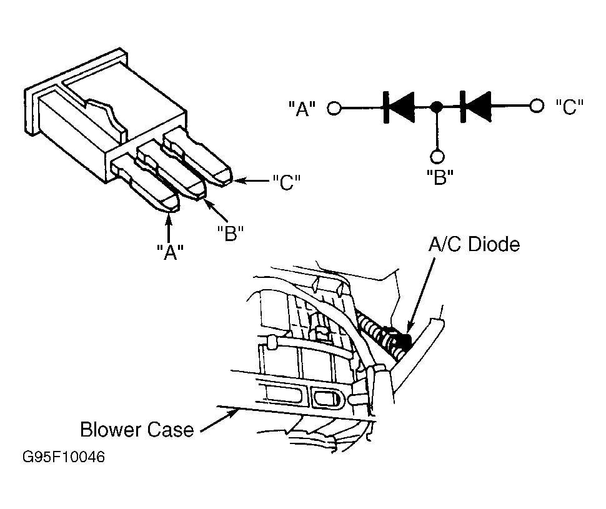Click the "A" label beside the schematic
click(302, 109)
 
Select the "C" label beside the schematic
click(569, 107)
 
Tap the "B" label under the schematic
click(440, 177)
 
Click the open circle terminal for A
click(334, 108)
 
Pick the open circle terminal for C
click(537, 106)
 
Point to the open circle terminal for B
click(437, 156)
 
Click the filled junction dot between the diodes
click(437, 106)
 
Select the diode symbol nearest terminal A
click(399, 107)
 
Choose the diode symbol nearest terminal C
click(476, 106)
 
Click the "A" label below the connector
click(170, 252)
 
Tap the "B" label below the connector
click(231, 233)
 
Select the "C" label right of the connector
click(286, 182)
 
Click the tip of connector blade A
click(169, 212)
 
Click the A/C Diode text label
click(474, 244)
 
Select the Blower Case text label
click(137, 430)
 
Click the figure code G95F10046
click(63, 457)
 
